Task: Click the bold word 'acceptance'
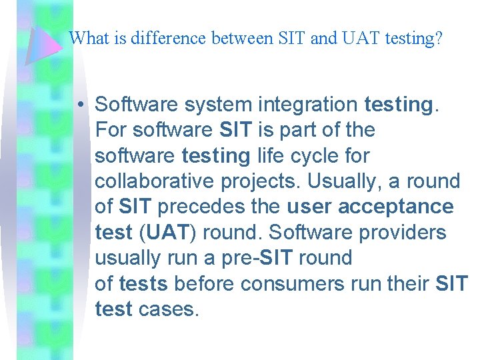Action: click(x=396, y=207)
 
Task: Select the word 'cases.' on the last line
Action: click(x=169, y=309)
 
